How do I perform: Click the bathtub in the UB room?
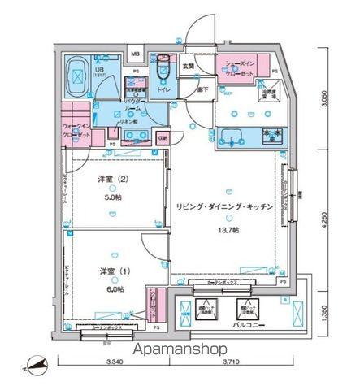76,76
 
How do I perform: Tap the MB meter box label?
136,56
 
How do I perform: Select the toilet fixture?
163,71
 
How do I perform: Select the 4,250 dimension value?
324,220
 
